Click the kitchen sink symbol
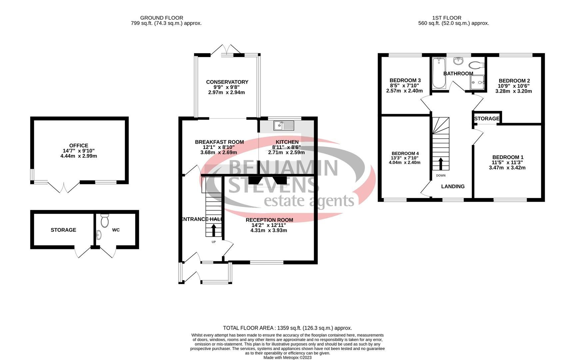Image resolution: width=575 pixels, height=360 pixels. coord(284,126)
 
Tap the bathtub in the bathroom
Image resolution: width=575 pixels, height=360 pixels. coord(439,73)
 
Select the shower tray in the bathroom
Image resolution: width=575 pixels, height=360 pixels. coord(477,82)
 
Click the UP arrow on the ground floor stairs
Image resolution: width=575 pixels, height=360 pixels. coord(214,230)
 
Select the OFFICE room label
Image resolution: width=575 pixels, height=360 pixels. coord(79,146)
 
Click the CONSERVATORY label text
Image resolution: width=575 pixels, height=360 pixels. coord(227,82)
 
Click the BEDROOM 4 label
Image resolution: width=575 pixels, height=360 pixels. coord(405,153)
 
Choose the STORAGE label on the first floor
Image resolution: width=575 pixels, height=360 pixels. coord(487,119)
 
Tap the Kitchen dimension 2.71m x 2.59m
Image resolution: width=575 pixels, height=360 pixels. coord(286,153)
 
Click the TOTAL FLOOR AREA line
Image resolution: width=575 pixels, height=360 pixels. coord(287,328)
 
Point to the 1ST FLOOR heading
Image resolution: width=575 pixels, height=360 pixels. coord(447,18)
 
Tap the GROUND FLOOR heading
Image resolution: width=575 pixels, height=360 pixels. coord(162,18)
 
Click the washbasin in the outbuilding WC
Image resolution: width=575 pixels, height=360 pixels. coord(99,235)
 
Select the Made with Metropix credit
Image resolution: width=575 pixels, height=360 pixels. coord(287,358)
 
